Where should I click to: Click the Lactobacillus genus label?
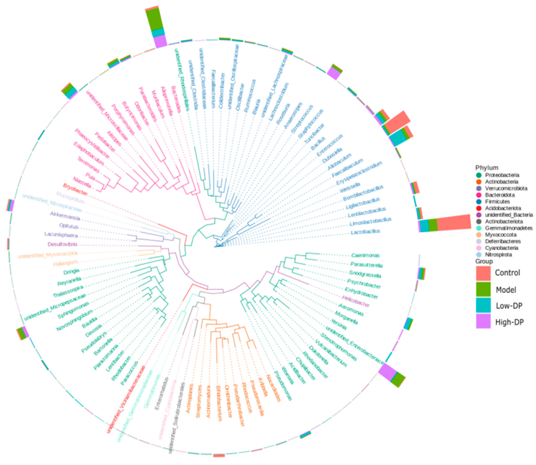coord(365,232)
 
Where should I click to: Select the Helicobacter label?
coord(356,301)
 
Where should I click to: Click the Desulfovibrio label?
coord(62,244)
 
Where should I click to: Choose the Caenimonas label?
coord(365,255)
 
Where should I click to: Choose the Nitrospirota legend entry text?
coord(498,255)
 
